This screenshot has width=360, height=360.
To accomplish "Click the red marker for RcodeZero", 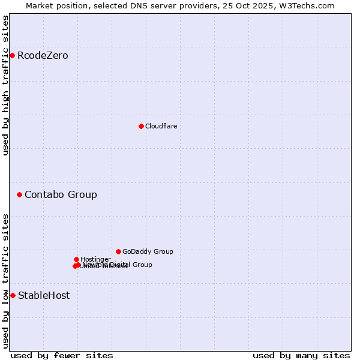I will [x=12, y=56].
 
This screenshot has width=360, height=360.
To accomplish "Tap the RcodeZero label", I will [x=43, y=56].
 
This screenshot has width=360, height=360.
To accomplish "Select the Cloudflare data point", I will [x=141, y=126].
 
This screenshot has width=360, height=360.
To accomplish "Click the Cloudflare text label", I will [x=161, y=126].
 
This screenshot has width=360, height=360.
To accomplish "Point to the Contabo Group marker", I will [x=20, y=194].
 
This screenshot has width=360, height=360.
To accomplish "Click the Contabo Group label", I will [x=61, y=194].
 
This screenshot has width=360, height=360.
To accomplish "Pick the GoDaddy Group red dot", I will [x=118, y=251].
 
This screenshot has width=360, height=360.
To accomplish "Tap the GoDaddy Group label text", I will [x=148, y=251].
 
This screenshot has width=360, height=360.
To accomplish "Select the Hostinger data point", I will [x=76, y=259].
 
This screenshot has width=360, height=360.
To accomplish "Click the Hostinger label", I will [x=95, y=259].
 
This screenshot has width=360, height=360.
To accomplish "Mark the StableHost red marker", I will [x=13, y=295].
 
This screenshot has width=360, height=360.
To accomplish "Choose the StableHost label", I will [x=44, y=295].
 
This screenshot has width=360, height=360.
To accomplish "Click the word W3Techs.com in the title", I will [x=310, y=5].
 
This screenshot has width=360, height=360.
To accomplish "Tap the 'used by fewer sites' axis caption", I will [x=62, y=355].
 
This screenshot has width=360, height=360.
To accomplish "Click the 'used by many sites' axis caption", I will [x=301, y=355].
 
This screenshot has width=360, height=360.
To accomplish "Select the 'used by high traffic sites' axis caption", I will [x=5, y=85].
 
